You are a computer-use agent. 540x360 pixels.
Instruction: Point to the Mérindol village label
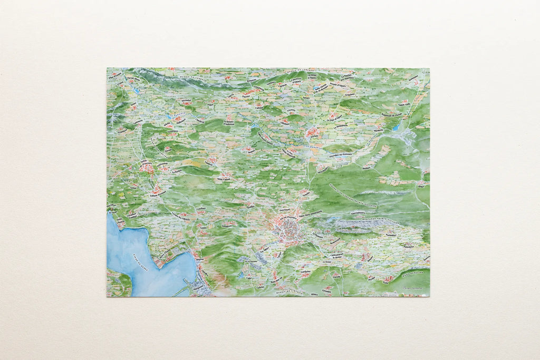(186, 101)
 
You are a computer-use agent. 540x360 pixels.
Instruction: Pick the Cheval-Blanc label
(133, 80)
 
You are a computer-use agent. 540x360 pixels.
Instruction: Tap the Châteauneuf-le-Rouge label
(343, 257)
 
